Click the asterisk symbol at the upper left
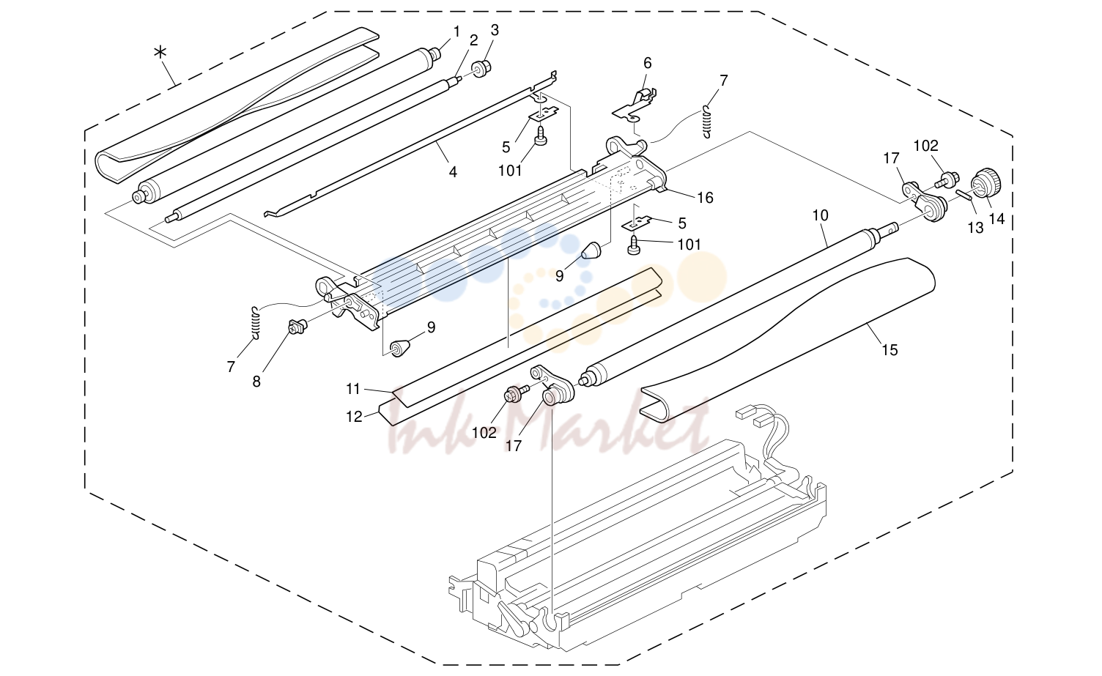coord(160,53)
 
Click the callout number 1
coord(456,31)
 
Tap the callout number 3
coord(495,30)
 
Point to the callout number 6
coord(648,63)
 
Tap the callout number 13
coord(975,228)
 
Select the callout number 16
coord(705,198)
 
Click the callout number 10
coord(820,215)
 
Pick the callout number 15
coord(890,350)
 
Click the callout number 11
coord(353,389)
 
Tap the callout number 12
coord(354,417)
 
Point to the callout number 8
coord(256,382)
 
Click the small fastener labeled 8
coord(297,326)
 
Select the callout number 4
coord(453,172)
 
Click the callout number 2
coord(473,40)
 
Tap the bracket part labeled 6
coord(634,105)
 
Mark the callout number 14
coord(996,218)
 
